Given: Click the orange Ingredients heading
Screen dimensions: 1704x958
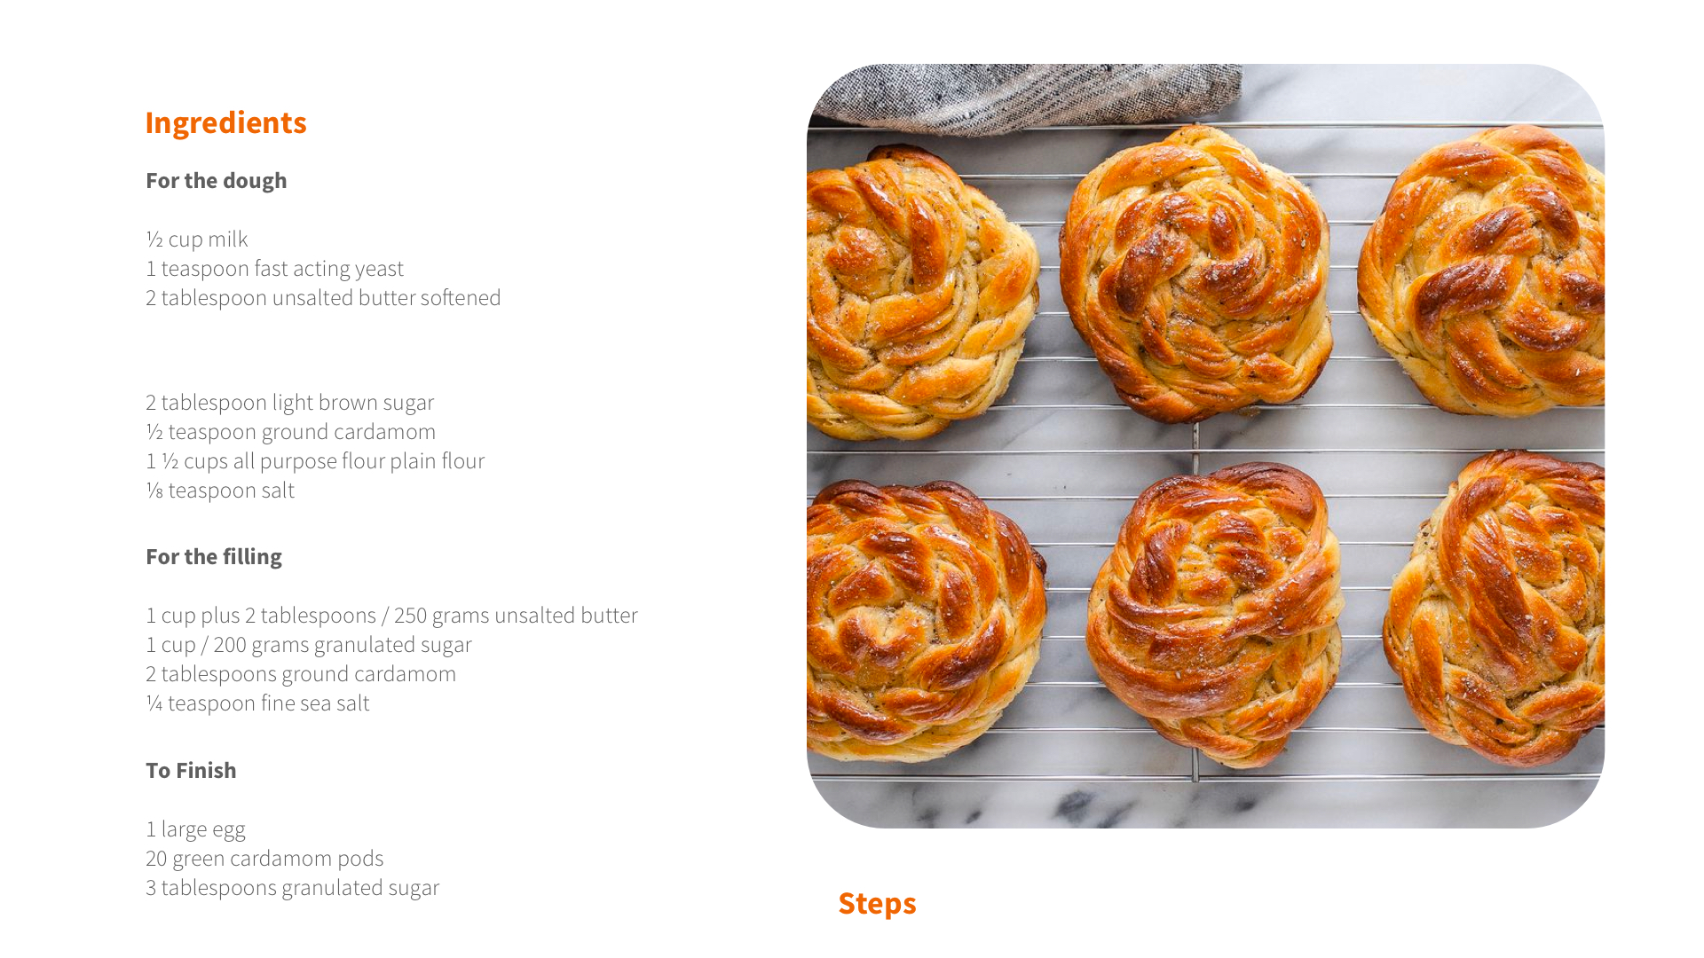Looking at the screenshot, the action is point(225,122).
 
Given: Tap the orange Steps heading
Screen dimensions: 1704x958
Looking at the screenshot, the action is point(877,903).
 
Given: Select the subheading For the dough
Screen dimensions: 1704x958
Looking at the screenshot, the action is point(217,180).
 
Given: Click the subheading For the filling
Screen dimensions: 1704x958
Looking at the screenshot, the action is point(214,556).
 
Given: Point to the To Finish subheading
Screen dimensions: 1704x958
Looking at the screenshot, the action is point(191,770).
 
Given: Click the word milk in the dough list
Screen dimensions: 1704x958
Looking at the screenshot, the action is point(228,239).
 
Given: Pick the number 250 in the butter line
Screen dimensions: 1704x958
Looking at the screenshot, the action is point(410,615).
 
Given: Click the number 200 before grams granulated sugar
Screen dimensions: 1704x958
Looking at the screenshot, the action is point(230,644).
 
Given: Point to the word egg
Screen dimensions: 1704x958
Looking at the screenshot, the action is point(229,830).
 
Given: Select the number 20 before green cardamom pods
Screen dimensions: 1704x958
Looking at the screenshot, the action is point(156,858).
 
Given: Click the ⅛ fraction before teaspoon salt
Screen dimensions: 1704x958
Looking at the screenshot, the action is point(154,490).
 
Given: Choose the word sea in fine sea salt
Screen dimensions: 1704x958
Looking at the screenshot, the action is point(315,703).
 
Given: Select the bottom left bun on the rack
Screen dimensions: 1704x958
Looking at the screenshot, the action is point(923,621).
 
